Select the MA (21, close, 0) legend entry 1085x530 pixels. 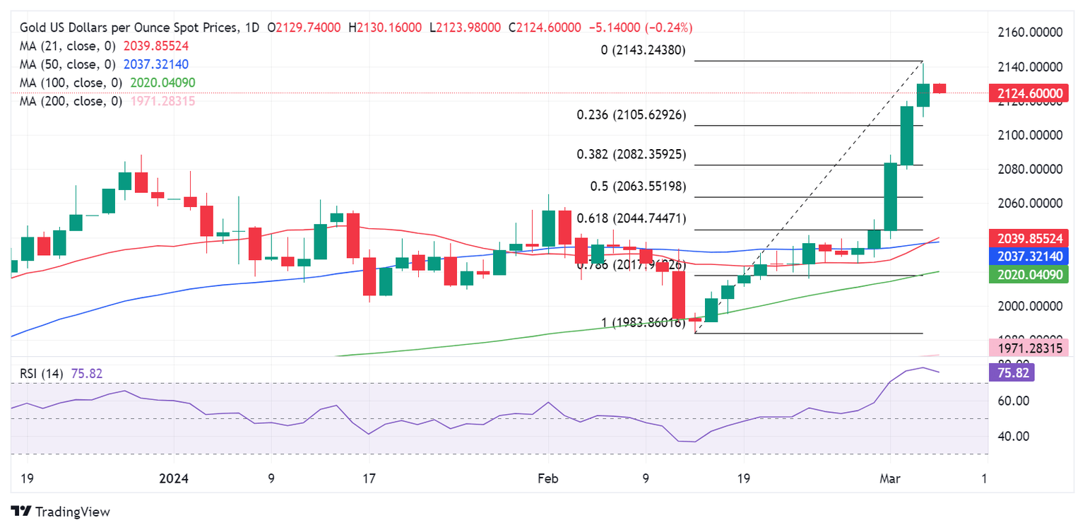(x=104, y=46)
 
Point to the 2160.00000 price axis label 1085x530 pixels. (x=1034, y=33)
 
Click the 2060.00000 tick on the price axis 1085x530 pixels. (x=1034, y=203)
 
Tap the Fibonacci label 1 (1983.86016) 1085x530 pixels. (x=643, y=323)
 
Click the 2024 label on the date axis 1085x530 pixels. (x=174, y=478)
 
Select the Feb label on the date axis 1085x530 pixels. (x=547, y=478)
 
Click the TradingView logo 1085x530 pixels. (x=61, y=511)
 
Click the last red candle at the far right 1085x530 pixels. (x=939, y=88)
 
